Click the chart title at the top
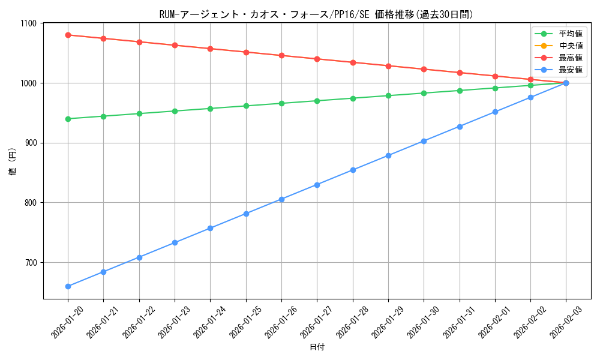pyautogui.click(x=316, y=14)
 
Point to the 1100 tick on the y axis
pyautogui.click(x=28, y=23)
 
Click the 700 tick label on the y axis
pyautogui.click(x=30, y=263)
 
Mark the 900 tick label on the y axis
pyautogui.click(x=30, y=143)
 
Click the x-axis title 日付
pyautogui.click(x=316, y=347)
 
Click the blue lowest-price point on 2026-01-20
pyautogui.click(x=68, y=286)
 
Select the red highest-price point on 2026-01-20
pyautogui.click(x=68, y=35)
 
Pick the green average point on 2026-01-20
pyautogui.click(x=68, y=119)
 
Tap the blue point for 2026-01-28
pyautogui.click(x=353, y=170)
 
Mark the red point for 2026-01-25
pyautogui.click(x=246, y=52)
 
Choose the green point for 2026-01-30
pyautogui.click(x=424, y=93)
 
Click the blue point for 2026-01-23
pyautogui.click(x=175, y=242)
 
